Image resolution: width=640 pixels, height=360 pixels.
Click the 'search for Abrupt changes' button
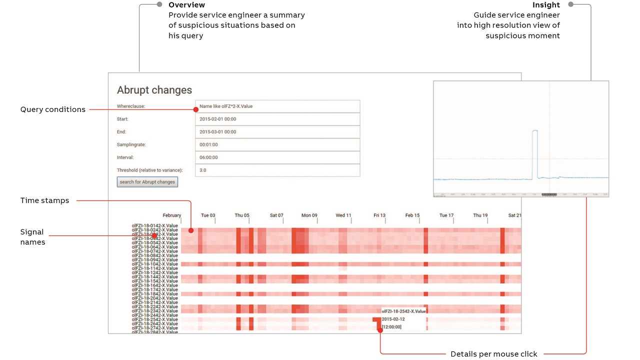[x=147, y=182]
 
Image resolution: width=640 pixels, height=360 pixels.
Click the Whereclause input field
[x=277, y=106]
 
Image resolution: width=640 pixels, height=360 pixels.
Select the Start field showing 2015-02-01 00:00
[x=277, y=119]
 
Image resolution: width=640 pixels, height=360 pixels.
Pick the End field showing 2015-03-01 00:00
[x=277, y=132]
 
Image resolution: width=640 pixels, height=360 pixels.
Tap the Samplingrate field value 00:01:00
[x=277, y=144]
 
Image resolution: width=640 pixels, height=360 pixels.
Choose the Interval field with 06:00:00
[x=277, y=157]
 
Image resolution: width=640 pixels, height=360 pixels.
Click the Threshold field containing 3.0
[x=277, y=170]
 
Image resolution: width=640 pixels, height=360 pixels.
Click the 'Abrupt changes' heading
[x=154, y=90]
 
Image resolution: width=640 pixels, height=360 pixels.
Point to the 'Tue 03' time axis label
[x=208, y=215]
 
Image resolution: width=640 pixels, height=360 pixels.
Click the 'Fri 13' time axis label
[x=379, y=215]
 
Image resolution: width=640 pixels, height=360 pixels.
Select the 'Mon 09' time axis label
[x=309, y=215]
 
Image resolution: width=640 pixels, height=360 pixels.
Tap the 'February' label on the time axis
[x=171, y=215]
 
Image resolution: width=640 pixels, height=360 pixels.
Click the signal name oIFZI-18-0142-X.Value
[x=154, y=225]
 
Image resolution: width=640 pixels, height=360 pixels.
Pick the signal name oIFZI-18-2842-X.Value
[x=154, y=332]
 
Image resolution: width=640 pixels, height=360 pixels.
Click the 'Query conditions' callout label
[x=52, y=109]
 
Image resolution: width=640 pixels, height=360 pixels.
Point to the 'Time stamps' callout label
[x=44, y=200]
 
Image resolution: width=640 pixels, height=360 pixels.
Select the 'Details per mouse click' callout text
[x=493, y=354]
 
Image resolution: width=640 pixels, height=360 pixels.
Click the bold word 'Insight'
[x=546, y=5]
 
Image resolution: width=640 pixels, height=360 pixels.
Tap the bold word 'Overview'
[x=186, y=5]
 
